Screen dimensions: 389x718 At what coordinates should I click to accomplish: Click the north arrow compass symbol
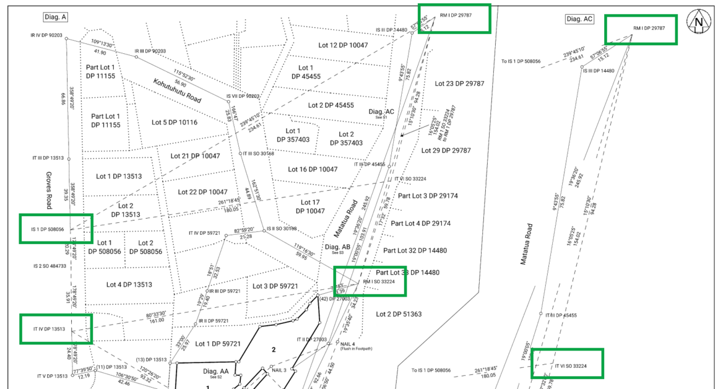pyautogui.click(x=699, y=22)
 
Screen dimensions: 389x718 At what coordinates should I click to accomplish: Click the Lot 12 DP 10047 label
pyautogui.click(x=340, y=45)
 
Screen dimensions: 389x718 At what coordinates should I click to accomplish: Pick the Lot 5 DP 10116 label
pyautogui.click(x=175, y=122)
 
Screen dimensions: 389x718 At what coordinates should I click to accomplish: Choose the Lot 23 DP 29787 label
pyautogui.click(x=459, y=83)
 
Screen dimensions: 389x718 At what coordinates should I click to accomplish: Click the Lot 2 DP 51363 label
pyautogui.click(x=399, y=314)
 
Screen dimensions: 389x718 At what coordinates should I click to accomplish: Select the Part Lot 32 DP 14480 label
pyautogui.click(x=415, y=250)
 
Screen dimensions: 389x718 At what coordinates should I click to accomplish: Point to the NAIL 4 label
pyautogui.click(x=347, y=344)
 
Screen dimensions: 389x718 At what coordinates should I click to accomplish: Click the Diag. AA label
pyautogui.click(x=216, y=370)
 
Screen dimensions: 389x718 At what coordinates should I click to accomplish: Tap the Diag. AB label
pyautogui.click(x=341, y=247)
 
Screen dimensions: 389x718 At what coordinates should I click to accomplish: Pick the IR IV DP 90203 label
pyautogui.click(x=46, y=35)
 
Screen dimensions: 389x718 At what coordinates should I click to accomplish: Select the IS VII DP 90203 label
pyautogui.click(x=243, y=96)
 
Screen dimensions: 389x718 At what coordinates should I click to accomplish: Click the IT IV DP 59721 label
pyautogui.click(x=204, y=233)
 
